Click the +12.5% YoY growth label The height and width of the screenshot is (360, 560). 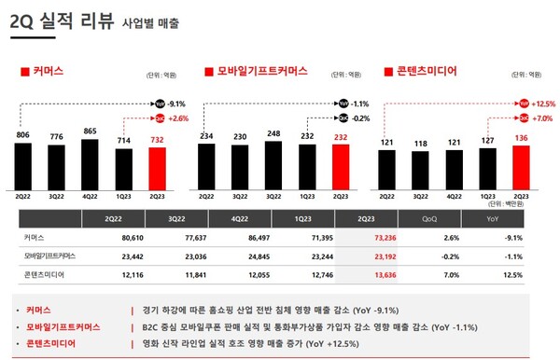[543, 104]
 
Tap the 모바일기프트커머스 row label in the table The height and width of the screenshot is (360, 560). [51, 254]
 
